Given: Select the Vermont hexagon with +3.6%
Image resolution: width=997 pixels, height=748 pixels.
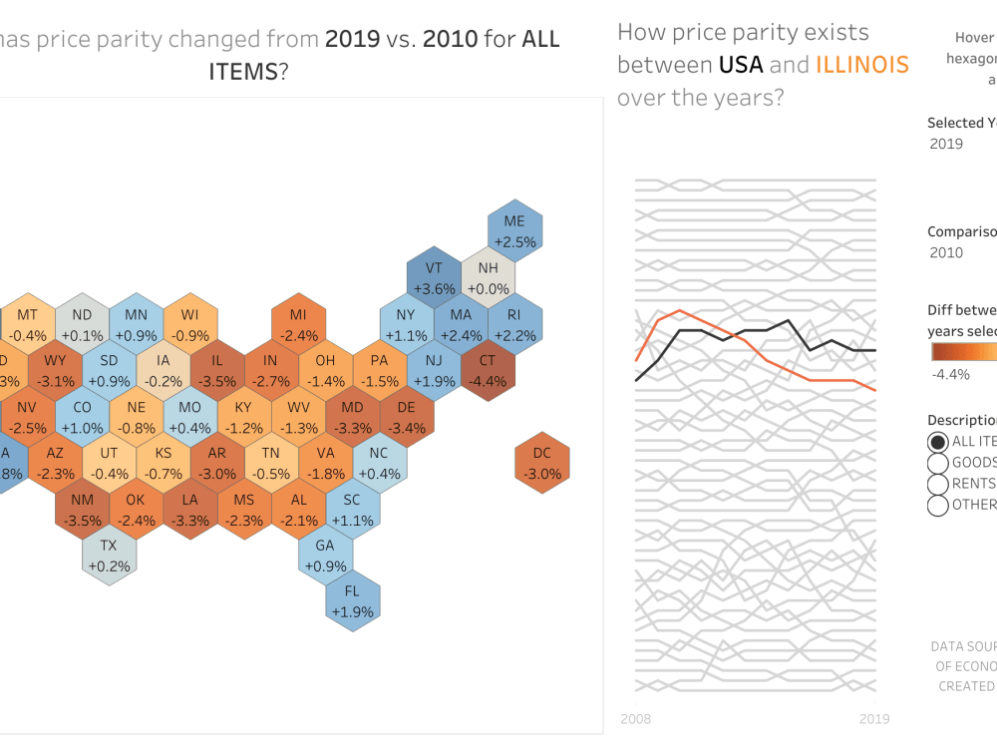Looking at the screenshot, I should (434, 276).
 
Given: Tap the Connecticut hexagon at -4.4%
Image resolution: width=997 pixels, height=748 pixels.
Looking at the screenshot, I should (488, 370).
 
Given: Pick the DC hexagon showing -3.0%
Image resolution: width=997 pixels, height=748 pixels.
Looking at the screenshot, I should (541, 463).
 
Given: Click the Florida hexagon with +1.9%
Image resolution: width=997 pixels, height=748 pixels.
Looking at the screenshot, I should (352, 600).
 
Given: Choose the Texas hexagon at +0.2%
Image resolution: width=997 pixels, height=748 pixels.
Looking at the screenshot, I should (109, 555).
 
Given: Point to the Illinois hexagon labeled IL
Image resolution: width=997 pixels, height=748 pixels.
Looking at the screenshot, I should (217, 370).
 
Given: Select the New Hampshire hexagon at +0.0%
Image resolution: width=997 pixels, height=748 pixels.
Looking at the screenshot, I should (488, 276).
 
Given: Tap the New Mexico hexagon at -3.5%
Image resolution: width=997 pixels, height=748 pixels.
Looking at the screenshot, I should (82, 508).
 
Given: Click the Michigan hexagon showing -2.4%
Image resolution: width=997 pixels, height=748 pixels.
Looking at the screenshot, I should (298, 324).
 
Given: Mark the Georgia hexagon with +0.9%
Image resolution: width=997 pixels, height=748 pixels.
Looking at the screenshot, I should (325, 555).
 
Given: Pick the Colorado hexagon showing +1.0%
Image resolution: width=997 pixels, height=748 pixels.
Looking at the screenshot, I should (82, 416).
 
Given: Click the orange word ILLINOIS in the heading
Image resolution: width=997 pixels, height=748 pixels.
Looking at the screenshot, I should (861, 65).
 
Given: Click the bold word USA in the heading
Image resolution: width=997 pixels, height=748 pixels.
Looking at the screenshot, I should (740, 65).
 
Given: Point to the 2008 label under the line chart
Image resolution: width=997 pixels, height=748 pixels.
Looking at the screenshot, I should (637, 718).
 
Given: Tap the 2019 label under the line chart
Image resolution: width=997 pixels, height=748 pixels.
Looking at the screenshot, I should (873, 718).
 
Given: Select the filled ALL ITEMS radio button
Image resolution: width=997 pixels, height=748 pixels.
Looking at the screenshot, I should (937, 442).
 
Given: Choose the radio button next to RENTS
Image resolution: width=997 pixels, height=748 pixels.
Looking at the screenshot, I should (937, 484).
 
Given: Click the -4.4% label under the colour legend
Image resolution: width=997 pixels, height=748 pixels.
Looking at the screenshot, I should (950, 374).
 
